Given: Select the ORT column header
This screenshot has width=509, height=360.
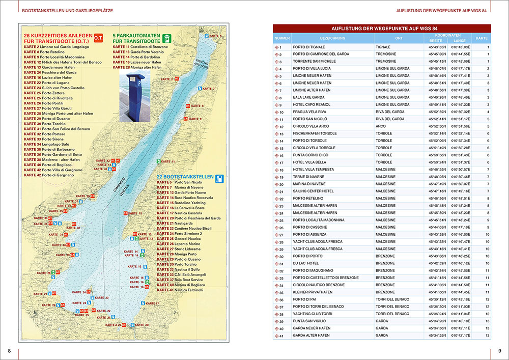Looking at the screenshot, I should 399,38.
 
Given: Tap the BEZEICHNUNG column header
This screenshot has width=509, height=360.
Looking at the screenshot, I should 332,38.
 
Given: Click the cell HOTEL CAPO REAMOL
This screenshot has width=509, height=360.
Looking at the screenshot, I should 312,105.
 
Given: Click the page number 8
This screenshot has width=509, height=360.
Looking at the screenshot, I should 9,350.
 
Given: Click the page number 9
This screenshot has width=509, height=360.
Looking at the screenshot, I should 499,350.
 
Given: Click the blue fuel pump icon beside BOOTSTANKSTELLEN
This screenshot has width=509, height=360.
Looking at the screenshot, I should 219,179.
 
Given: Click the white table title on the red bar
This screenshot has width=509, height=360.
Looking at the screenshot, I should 381,29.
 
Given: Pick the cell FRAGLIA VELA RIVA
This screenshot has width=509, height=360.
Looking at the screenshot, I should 309,112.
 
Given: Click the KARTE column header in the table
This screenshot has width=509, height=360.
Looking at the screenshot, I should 480,38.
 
